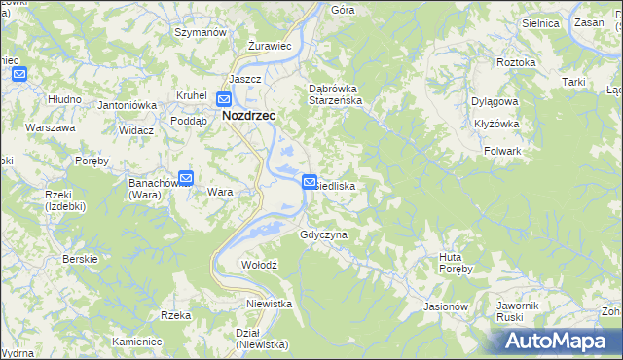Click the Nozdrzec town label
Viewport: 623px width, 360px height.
[249, 115]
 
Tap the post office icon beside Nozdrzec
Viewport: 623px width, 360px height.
[224, 98]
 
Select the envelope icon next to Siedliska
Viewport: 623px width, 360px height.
[310, 181]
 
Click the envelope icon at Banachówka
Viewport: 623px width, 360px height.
[186, 178]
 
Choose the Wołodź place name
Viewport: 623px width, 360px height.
[260, 265]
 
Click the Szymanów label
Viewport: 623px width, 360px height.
[200, 32]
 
